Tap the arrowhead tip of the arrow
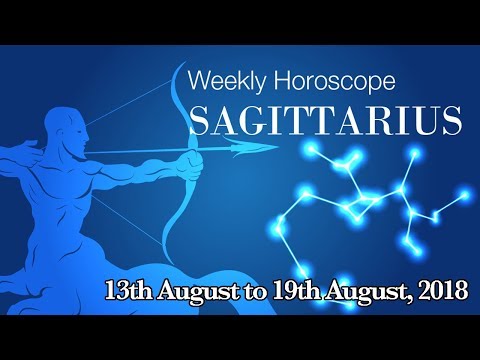(258, 149)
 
